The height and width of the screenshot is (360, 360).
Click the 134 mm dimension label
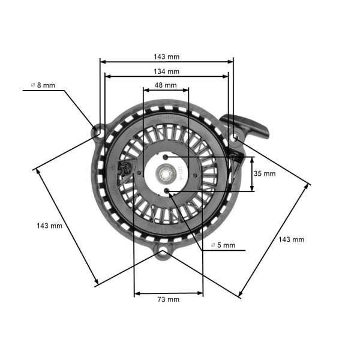pos(166,71)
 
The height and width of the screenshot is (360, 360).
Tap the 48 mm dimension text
pos(166,85)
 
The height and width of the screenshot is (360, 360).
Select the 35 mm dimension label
pos(265,173)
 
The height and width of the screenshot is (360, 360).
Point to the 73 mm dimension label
pos(168,299)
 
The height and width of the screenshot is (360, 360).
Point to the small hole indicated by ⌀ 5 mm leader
pos(166,191)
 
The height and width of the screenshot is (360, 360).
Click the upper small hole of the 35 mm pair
pos(166,157)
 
